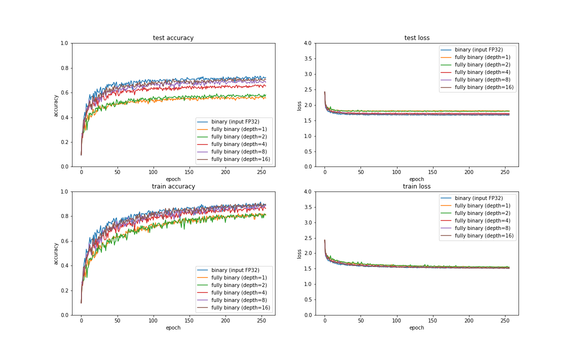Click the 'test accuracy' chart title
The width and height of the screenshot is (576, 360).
click(173, 38)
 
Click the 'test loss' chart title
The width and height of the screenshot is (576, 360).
click(416, 38)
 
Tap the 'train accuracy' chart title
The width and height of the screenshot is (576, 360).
click(173, 186)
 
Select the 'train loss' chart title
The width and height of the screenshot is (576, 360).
click(416, 186)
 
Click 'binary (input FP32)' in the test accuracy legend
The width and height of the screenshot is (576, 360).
click(235, 121)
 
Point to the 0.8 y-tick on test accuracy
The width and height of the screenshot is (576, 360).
click(63, 68)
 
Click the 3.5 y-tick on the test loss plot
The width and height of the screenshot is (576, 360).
click(307, 59)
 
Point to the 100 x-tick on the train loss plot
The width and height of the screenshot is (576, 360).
click(396, 320)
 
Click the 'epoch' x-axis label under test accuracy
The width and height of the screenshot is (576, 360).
click(173, 179)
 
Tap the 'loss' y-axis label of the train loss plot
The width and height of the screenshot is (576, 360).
click(299, 253)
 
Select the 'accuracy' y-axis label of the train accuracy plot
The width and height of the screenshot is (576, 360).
click(56, 253)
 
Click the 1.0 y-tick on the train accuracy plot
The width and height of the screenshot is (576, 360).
click(63, 192)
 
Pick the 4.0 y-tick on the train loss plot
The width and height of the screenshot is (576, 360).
click(307, 192)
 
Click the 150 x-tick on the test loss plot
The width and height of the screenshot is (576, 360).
click(432, 172)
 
